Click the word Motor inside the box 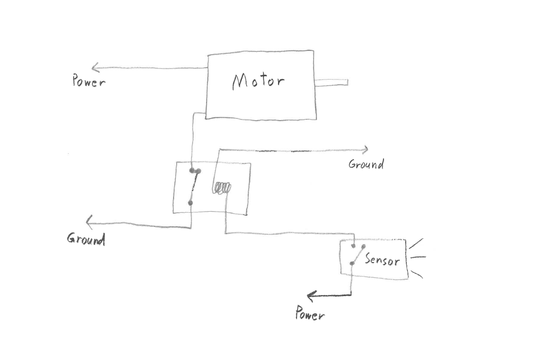pyautogui.click(x=258, y=82)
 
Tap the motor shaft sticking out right pyautogui.click(x=331, y=82)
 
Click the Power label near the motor pyautogui.click(x=89, y=82)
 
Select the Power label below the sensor pyautogui.click(x=310, y=313)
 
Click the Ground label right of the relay pyautogui.click(x=366, y=164)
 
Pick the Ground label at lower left pyautogui.click(x=85, y=239)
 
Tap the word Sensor pyautogui.click(x=382, y=260)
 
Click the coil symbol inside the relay pyautogui.click(x=222, y=188)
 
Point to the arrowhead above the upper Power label pyautogui.click(x=95, y=68)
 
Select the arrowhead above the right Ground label pyautogui.click(x=366, y=149)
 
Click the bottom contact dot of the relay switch pyautogui.click(x=190, y=203)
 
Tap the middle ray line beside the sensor pyautogui.click(x=419, y=257)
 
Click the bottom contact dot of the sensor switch pyautogui.click(x=352, y=264)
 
